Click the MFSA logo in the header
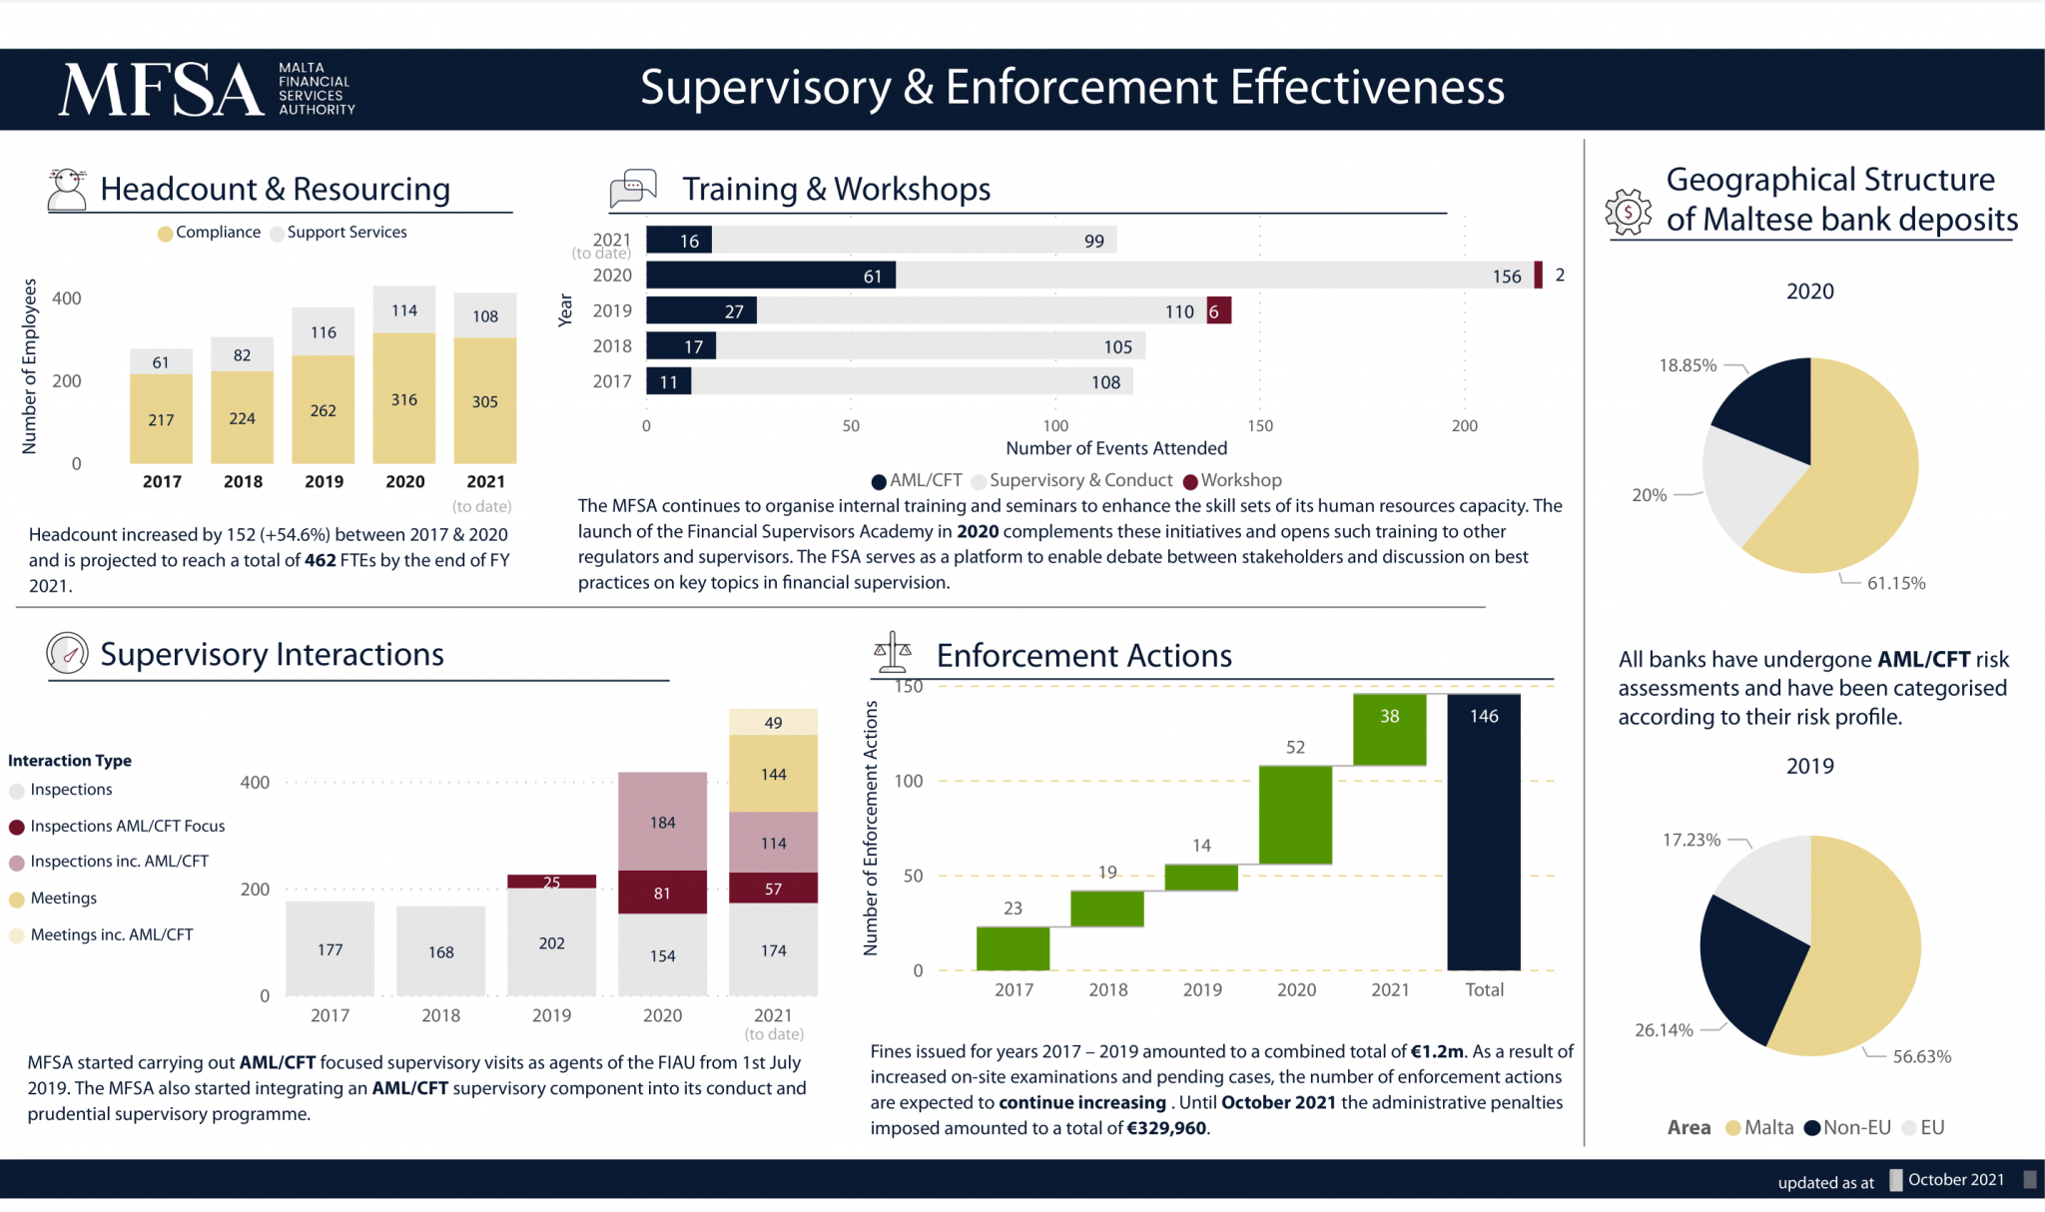click(x=206, y=89)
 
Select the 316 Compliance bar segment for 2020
click(x=404, y=399)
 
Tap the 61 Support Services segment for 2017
click(x=161, y=361)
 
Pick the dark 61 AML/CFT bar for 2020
click(x=770, y=276)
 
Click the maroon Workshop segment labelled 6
click(x=1218, y=311)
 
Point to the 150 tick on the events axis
click(x=1260, y=426)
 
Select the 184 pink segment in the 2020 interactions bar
click(x=662, y=822)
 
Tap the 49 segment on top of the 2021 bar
click(x=773, y=722)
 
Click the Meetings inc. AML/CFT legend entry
click(x=111, y=935)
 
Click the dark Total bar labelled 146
click(x=1483, y=832)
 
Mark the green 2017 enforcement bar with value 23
click(x=1013, y=948)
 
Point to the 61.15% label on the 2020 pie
click(x=1895, y=584)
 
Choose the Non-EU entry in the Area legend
click(x=1855, y=1128)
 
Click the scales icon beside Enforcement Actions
click(x=893, y=653)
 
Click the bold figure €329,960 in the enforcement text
click(x=1166, y=1129)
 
